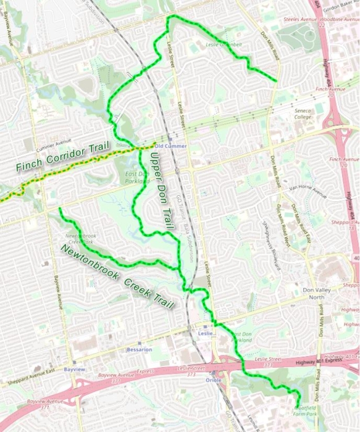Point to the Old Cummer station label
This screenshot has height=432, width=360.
170,146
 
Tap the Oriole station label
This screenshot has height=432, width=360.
212,380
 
